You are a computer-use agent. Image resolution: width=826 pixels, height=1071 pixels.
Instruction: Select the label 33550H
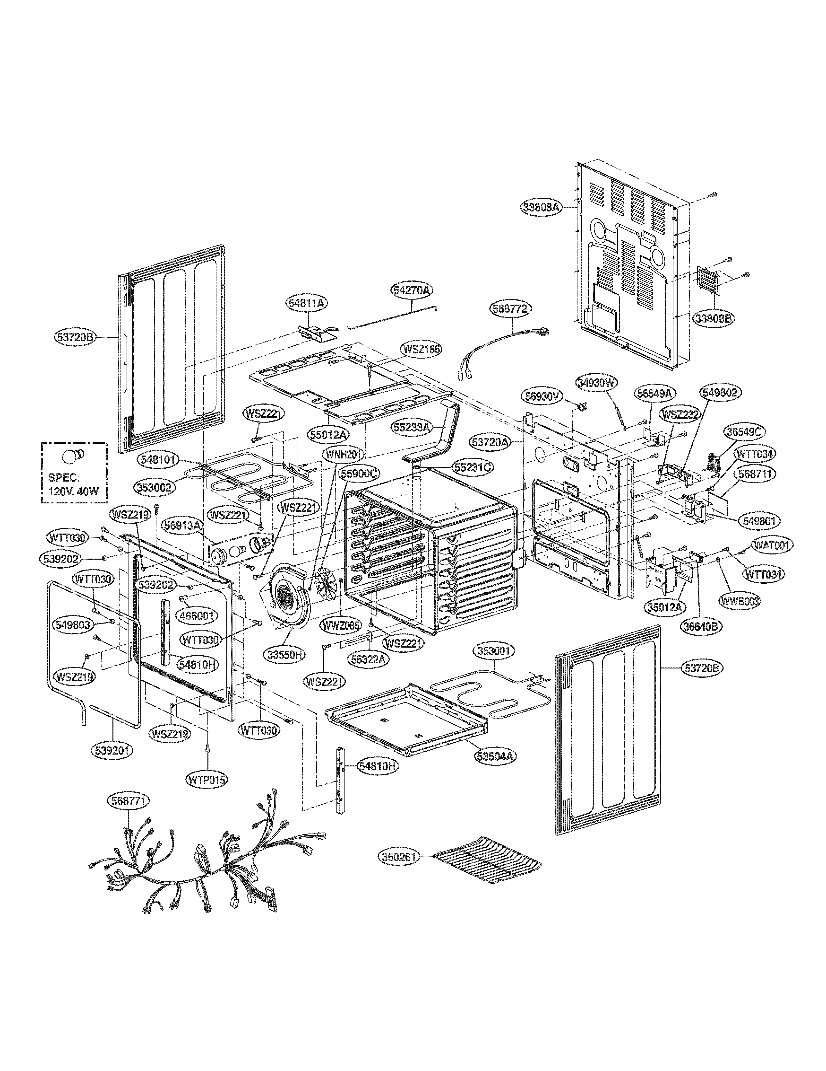[x=286, y=654]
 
